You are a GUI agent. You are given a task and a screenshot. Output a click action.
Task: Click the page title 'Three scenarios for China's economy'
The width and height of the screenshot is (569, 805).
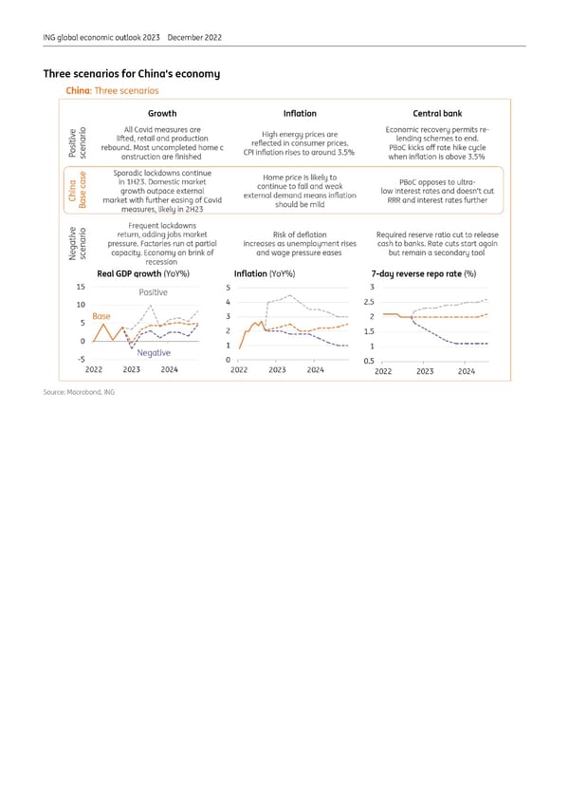pyautogui.click(x=132, y=74)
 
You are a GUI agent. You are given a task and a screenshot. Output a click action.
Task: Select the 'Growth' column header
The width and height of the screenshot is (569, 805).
pyautogui.click(x=162, y=114)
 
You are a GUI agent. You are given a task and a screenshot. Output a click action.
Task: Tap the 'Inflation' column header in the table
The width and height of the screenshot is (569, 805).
pyautogui.click(x=300, y=114)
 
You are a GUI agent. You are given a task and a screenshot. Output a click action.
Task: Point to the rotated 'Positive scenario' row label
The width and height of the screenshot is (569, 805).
pyautogui.click(x=77, y=143)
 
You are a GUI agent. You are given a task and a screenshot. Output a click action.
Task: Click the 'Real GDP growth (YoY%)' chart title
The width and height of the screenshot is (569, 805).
pyautogui.click(x=151, y=274)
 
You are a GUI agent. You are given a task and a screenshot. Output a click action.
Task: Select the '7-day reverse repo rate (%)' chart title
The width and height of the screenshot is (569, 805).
pyautogui.click(x=423, y=274)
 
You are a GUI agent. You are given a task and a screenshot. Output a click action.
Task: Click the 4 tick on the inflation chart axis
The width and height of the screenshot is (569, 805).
pyautogui.click(x=229, y=302)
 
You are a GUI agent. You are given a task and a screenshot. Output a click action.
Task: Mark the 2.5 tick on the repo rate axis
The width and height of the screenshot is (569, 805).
pyautogui.click(x=373, y=303)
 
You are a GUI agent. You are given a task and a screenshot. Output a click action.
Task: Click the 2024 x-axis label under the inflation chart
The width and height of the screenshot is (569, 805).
pyautogui.click(x=317, y=371)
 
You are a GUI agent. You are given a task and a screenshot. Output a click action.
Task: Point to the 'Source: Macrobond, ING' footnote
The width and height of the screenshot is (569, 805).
pyautogui.click(x=79, y=392)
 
